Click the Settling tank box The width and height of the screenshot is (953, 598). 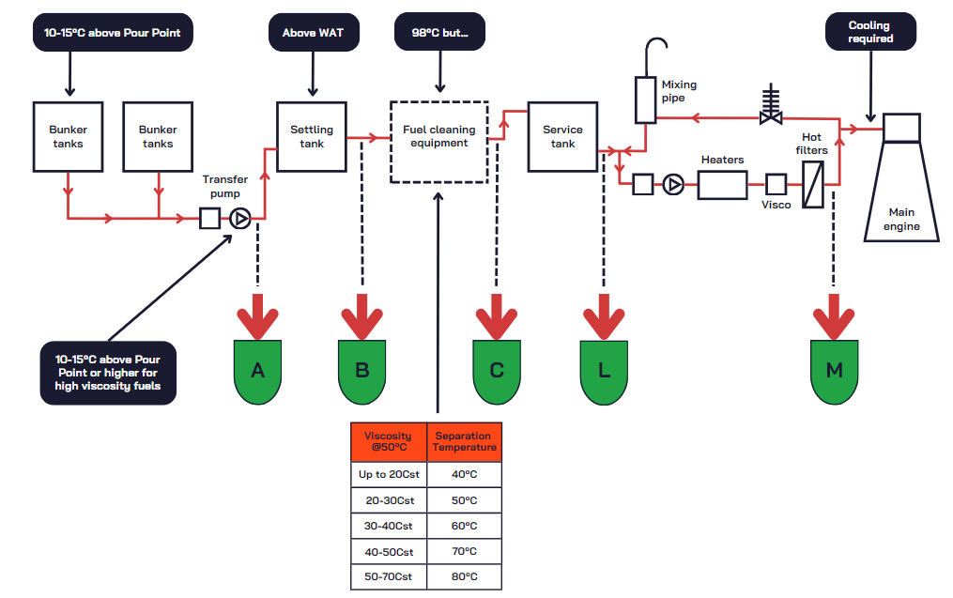[312, 136]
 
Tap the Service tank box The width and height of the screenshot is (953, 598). [562, 136]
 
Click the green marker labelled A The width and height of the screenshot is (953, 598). [257, 371]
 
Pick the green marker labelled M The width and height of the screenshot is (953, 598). [834, 371]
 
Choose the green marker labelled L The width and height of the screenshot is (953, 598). [604, 371]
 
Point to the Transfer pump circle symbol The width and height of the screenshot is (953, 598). [239, 219]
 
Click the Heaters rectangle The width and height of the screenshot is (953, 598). [722, 185]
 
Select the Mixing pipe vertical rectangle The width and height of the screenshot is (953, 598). [646, 100]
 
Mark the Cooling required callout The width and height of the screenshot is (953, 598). [870, 33]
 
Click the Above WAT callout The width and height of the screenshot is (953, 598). [313, 33]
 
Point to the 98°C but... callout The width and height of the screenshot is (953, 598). [439, 33]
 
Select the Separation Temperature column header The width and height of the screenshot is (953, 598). [464, 442]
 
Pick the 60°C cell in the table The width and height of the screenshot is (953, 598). [464, 526]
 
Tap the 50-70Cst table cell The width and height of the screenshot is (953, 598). [388, 576]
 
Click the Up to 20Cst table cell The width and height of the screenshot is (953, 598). [388, 475]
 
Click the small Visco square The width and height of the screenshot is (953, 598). [776, 184]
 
